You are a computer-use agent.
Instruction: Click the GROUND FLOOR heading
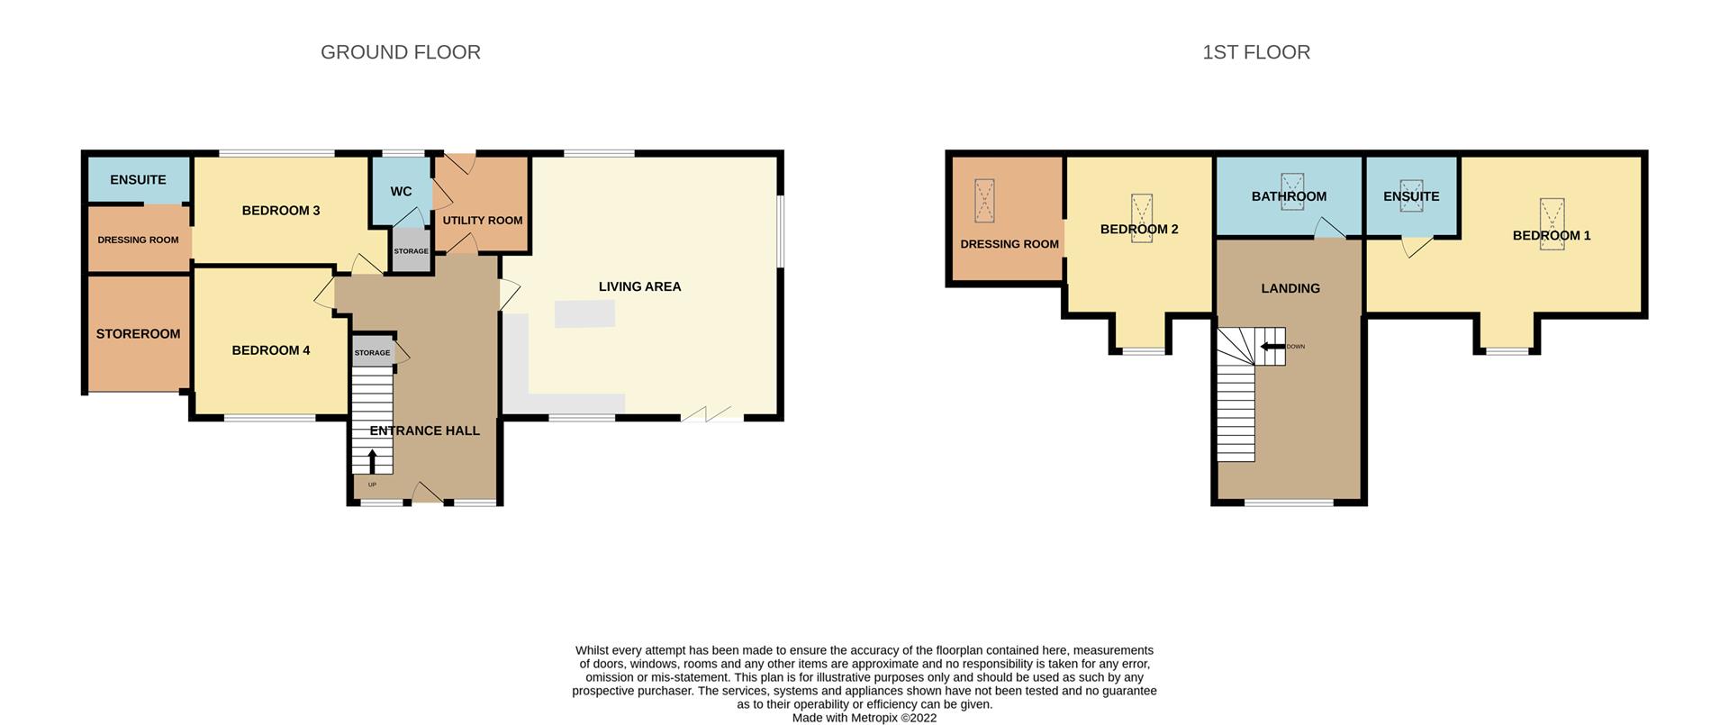pyautogui.click(x=401, y=52)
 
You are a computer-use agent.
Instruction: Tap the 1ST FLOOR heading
pyautogui.click(x=1256, y=52)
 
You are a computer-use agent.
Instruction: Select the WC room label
pyautogui.click(x=401, y=192)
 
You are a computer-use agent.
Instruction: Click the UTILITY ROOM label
pyautogui.click(x=483, y=221)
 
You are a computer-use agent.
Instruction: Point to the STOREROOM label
pyautogui.click(x=138, y=334)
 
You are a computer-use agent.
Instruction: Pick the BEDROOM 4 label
pyautogui.click(x=271, y=350)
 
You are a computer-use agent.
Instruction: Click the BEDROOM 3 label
pyautogui.click(x=281, y=211)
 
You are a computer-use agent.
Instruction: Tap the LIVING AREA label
pyautogui.click(x=639, y=286)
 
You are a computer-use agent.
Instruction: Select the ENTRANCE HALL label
pyautogui.click(x=424, y=430)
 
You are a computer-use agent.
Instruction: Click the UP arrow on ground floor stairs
pyautogui.click(x=372, y=460)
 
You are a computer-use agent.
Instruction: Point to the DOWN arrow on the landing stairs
pyautogui.click(x=1272, y=347)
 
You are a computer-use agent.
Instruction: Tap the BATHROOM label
pyautogui.click(x=1289, y=196)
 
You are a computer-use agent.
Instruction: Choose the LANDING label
pyautogui.click(x=1290, y=288)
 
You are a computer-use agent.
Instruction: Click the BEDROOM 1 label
pyautogui.click(x=1552, y=236)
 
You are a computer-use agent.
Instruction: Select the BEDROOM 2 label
pyautogui.click(x=1139, y=230)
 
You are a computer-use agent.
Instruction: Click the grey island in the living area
pyautogui.click(x=584, y=314)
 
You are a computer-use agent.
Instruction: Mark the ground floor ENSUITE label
pyautogui.click(x=138, y=180)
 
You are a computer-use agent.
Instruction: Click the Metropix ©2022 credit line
pyautogui.click(x=864, y=718)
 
